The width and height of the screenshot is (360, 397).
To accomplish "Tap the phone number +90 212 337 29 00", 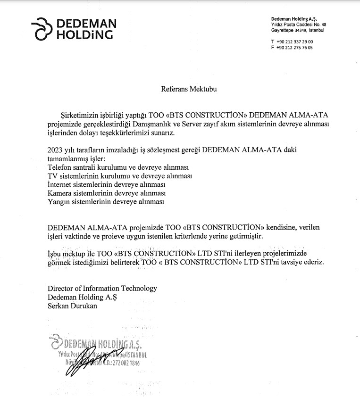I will point(295,41).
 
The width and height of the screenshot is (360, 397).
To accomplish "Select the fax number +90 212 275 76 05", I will point(295,48).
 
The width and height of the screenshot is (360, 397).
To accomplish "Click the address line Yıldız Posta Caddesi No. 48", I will point(298,24).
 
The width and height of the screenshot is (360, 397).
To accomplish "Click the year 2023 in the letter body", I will point(56,149).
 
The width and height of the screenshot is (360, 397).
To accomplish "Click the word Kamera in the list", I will point(60,193).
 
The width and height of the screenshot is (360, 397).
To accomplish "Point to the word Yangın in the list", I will point(59,201).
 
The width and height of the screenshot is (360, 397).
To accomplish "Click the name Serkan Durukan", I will point(72,306).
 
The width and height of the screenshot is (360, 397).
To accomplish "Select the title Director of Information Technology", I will point(102,289).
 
